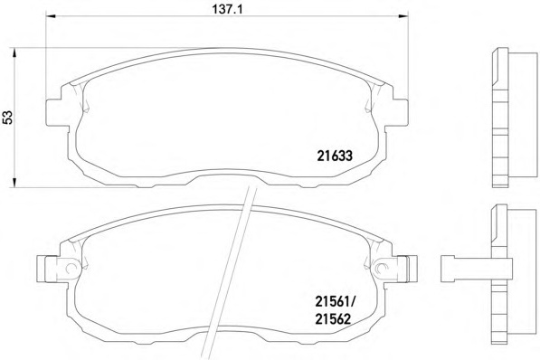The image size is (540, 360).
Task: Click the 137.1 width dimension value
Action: (227, 9)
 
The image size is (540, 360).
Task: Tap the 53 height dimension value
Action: (7, 117)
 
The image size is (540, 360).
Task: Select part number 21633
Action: (335, 156)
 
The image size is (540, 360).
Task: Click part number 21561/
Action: (336, 303)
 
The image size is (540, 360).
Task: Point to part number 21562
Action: (333, 319)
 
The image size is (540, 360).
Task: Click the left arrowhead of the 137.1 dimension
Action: (51, 16)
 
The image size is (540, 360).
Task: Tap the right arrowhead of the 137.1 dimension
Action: (403, 16)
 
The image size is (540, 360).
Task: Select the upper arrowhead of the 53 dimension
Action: (14, 53)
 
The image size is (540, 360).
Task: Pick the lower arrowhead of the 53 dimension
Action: (14, 183)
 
